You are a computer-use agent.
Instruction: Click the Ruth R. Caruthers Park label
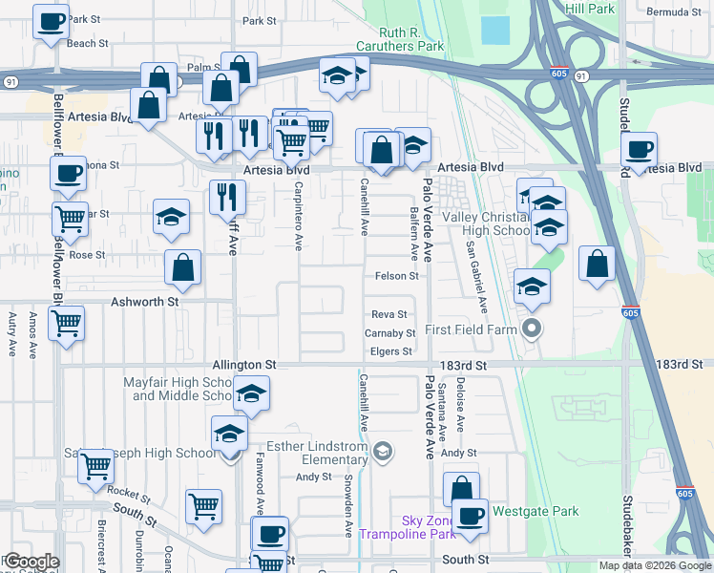tap(400, 39)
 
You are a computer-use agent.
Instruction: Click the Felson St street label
tap(396, 276)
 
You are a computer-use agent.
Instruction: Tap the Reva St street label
tap(389, 314)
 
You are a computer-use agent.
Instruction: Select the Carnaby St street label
tap(389, 333)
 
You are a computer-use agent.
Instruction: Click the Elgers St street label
tap(391, 351)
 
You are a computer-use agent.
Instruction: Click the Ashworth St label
tap(146, 301)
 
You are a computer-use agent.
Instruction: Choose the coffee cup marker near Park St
tap(52, 20)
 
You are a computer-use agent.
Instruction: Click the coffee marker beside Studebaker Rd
tap(640, 148)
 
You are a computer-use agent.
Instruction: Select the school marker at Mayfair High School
tap(251, 393)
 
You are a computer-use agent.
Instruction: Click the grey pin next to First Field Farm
tap(533, 330)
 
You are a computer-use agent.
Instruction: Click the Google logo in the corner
tap(31, 562)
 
